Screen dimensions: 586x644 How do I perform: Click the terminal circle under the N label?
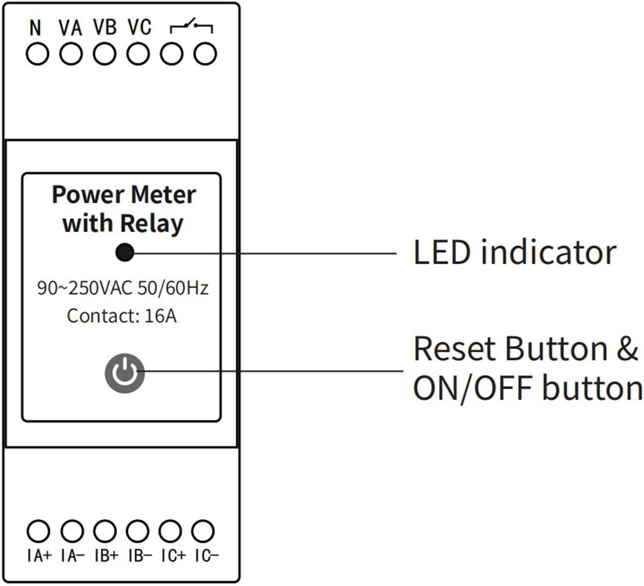(37, 54)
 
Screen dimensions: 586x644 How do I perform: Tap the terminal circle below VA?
(71, 54)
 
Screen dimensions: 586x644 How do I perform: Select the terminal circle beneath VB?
(104, 54)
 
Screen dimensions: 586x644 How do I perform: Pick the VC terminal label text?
(139, 28)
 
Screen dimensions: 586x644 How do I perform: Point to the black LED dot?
(124, 253)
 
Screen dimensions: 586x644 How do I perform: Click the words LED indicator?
(514, 252)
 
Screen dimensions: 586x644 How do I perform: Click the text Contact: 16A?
(122, 316)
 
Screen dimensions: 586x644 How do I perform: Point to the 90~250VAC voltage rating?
(84, 288)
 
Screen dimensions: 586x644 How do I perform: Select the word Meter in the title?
(163, 195)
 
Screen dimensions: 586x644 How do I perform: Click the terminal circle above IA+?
(38, 531)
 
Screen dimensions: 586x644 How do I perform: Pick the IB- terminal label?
(140, 556)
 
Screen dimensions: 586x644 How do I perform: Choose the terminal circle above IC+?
(170, 531)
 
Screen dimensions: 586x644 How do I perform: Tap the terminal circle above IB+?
(104, 531)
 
